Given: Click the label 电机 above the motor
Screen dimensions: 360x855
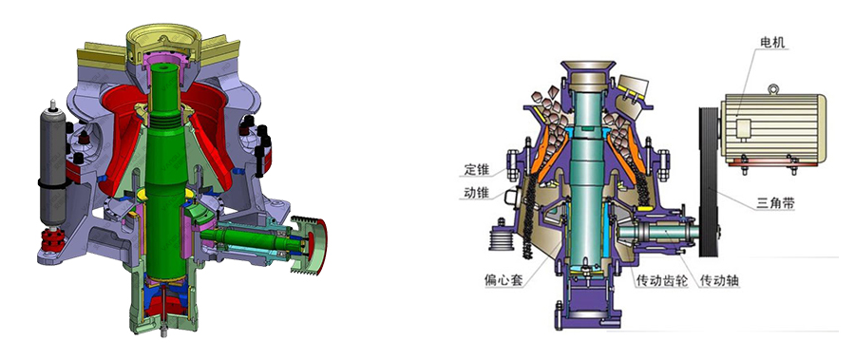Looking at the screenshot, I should (772, 44).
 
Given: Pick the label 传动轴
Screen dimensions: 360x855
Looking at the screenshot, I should (718, 282).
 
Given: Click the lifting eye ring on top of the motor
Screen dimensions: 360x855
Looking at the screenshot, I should (771, 90).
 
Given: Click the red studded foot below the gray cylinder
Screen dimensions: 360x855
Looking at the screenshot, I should (50, 240).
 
